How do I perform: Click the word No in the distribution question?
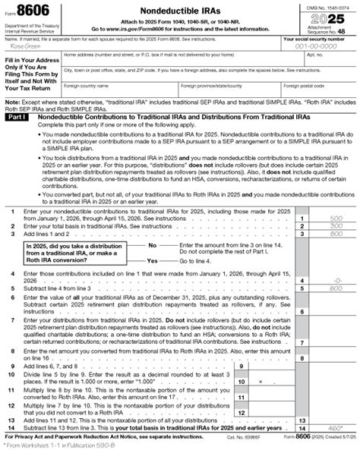(x=152, y=245)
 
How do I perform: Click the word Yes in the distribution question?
(x=152, y=260)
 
